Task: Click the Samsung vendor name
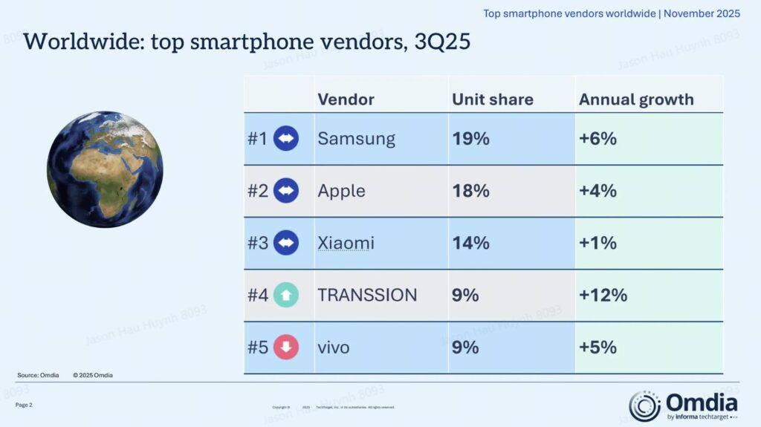click(x=356, y=139)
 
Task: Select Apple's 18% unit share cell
click(x=470, y=191)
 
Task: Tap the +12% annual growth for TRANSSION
click(x=603, y=295)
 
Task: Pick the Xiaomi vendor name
click(x=346, y=243)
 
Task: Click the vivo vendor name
click(x=333, y=347)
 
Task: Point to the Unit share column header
click(x=492, y=100)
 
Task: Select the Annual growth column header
click(x=636, y=100)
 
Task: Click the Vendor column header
click(x=346, y=100)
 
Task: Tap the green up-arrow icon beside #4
click(x=286, y=296)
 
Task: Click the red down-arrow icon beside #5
click(x=286, y=348)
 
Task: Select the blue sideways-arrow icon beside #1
click(x=286, y=139)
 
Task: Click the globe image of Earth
click(x=105, y=169)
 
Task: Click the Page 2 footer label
click(x=24, y=405)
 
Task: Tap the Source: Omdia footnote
click(x=38, y=375)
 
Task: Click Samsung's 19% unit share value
click(x=470, y=139)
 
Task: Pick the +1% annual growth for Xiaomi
click(x=598, y=243)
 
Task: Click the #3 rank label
click(x=257, y=243)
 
